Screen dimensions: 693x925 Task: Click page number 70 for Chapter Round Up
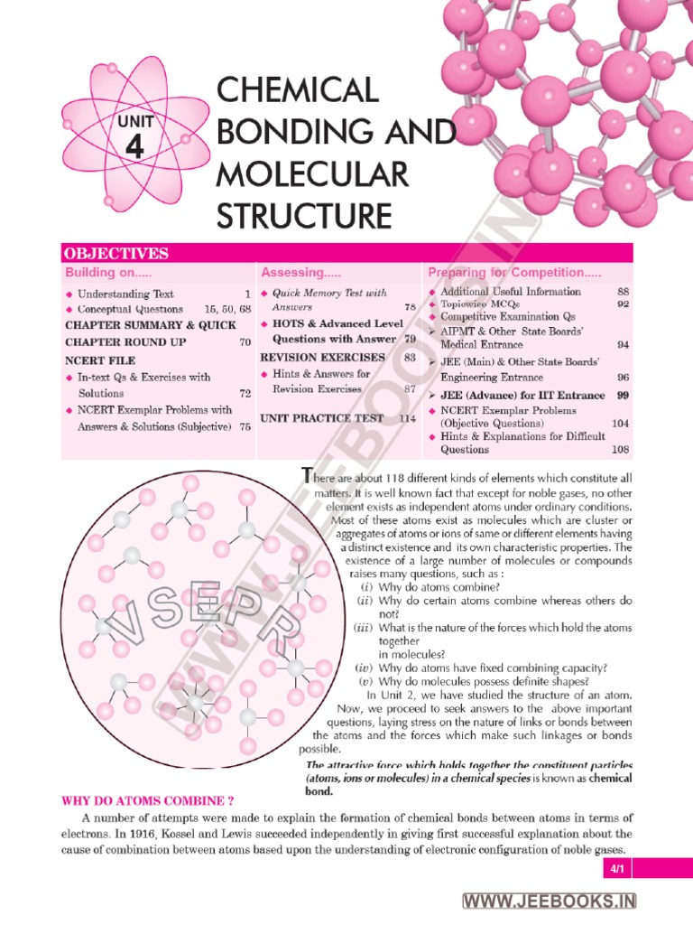point(245,343)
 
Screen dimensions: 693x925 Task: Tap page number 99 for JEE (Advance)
point(623,395)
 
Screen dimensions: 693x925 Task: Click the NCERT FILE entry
point(97,360)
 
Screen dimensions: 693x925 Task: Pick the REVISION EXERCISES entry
point(310,358)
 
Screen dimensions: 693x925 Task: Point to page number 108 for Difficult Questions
point(620,450)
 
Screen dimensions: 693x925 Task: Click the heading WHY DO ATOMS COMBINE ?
point(147,800)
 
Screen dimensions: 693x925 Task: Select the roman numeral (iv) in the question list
point(365,668)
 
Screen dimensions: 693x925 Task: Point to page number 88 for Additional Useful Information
point(623,292)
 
